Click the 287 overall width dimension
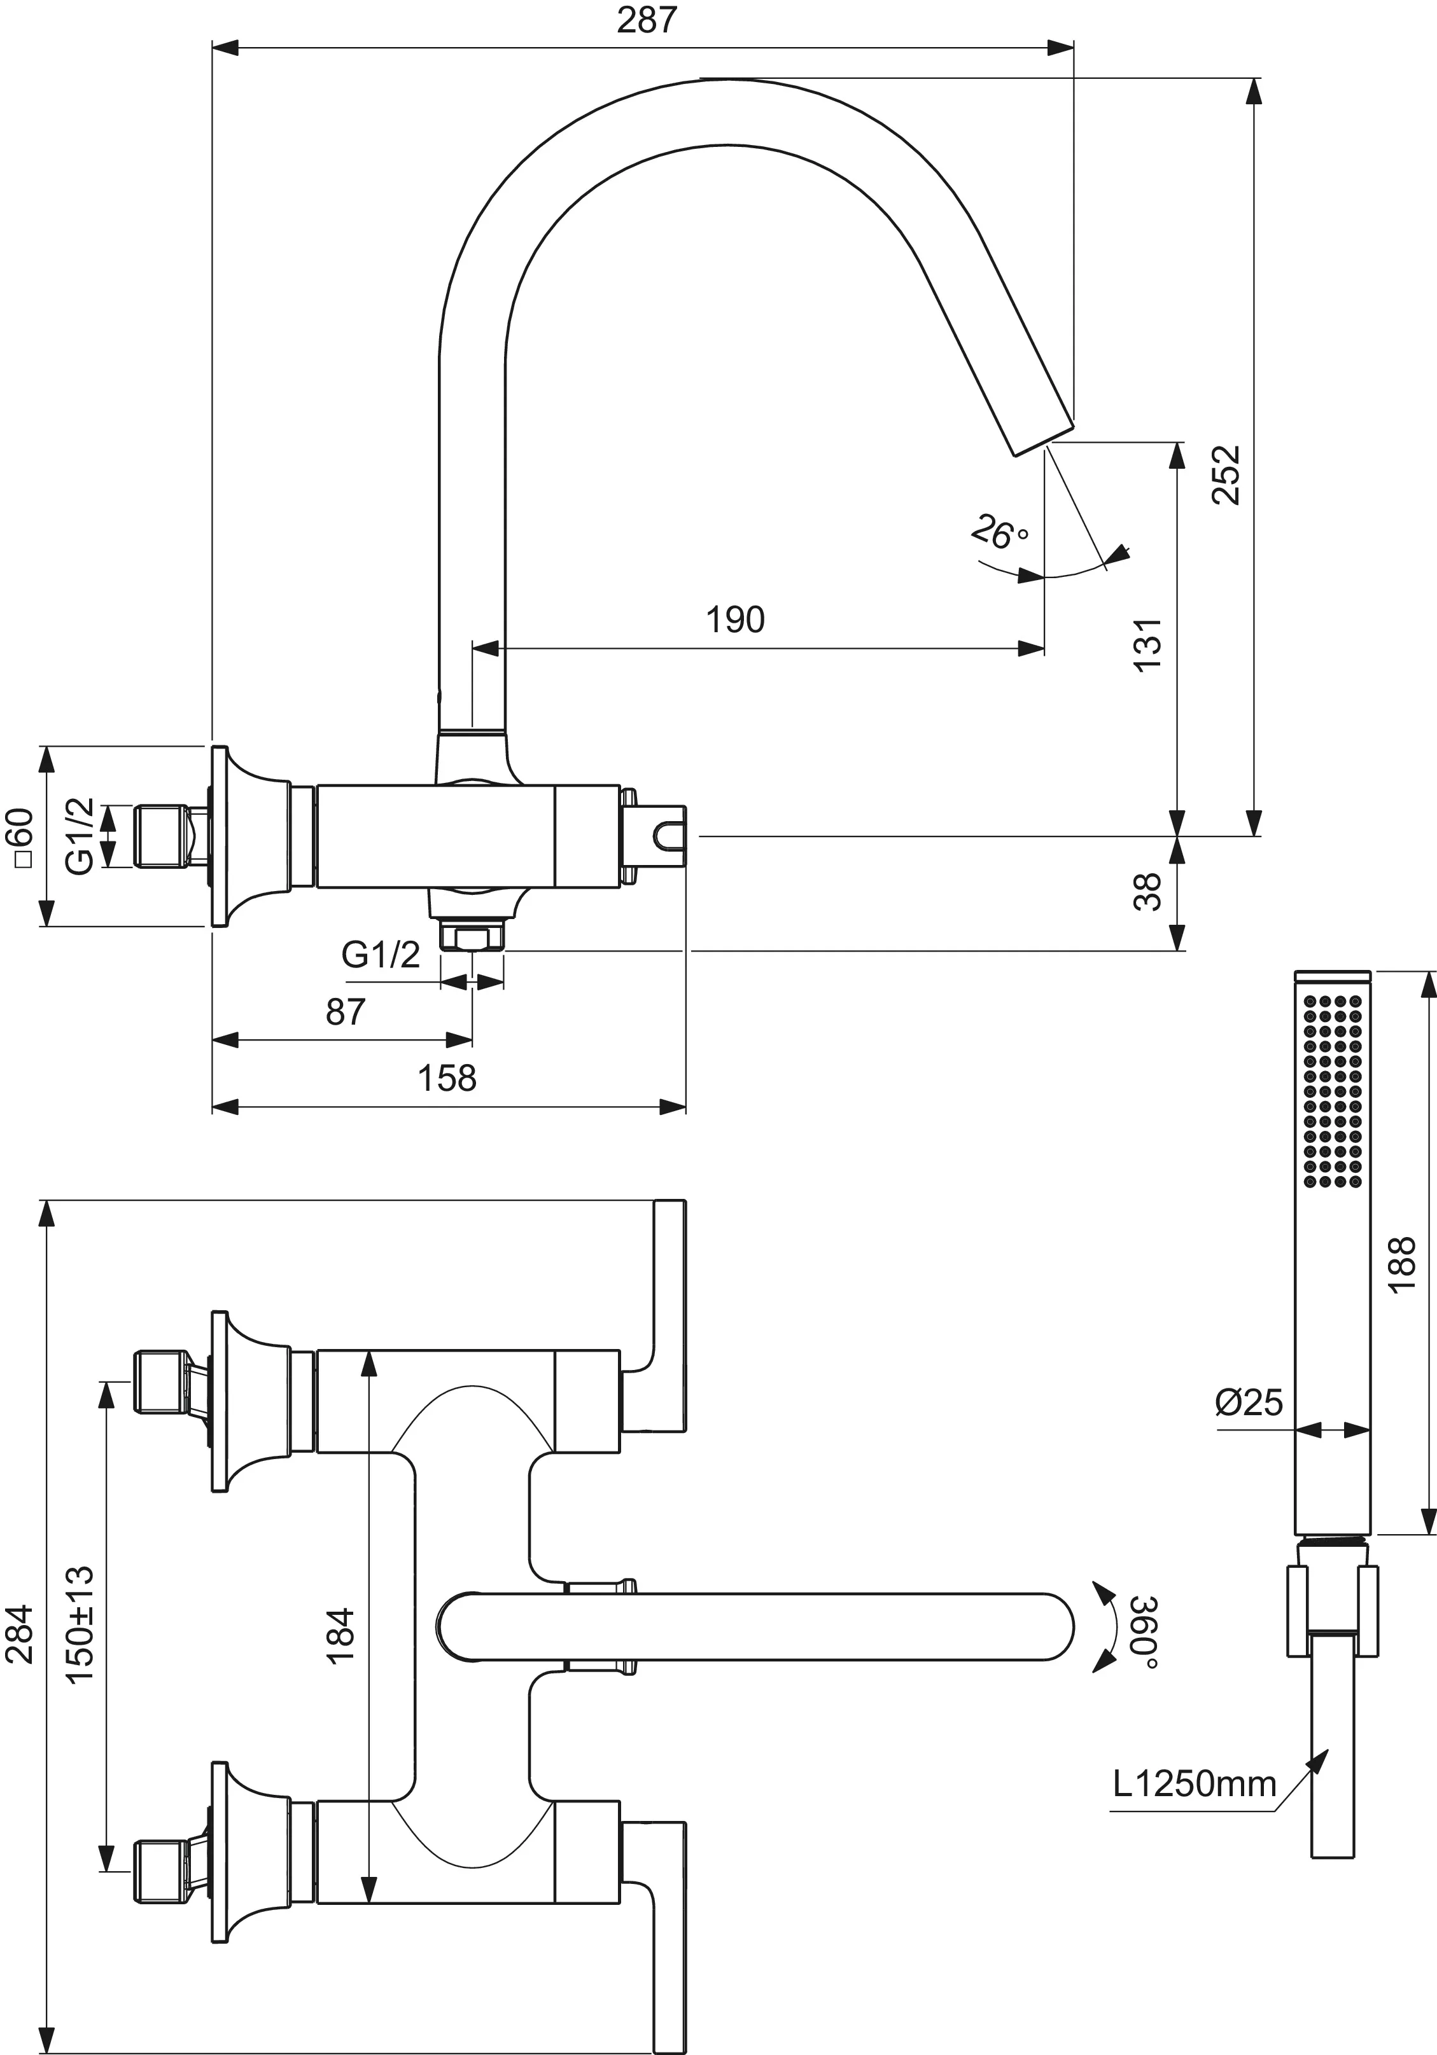pyautogui.click(x=647, y=20)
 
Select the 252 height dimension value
pyautogui.click(x=1226, y=475)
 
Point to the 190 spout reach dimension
pyautogui.click(x=735, y=619)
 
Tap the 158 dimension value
pyautogui.click(x=447, y=1079)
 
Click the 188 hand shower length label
pyautogui.click(x=1402, y=1263)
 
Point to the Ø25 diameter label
pyautogui.click(x=1249, y=1402)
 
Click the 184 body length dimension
pyautogui.click(x=341, y=1636)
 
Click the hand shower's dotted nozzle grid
pyautogui.click(x=1333, y=1092)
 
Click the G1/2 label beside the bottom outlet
pyautogui.click(x=381, y=955)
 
